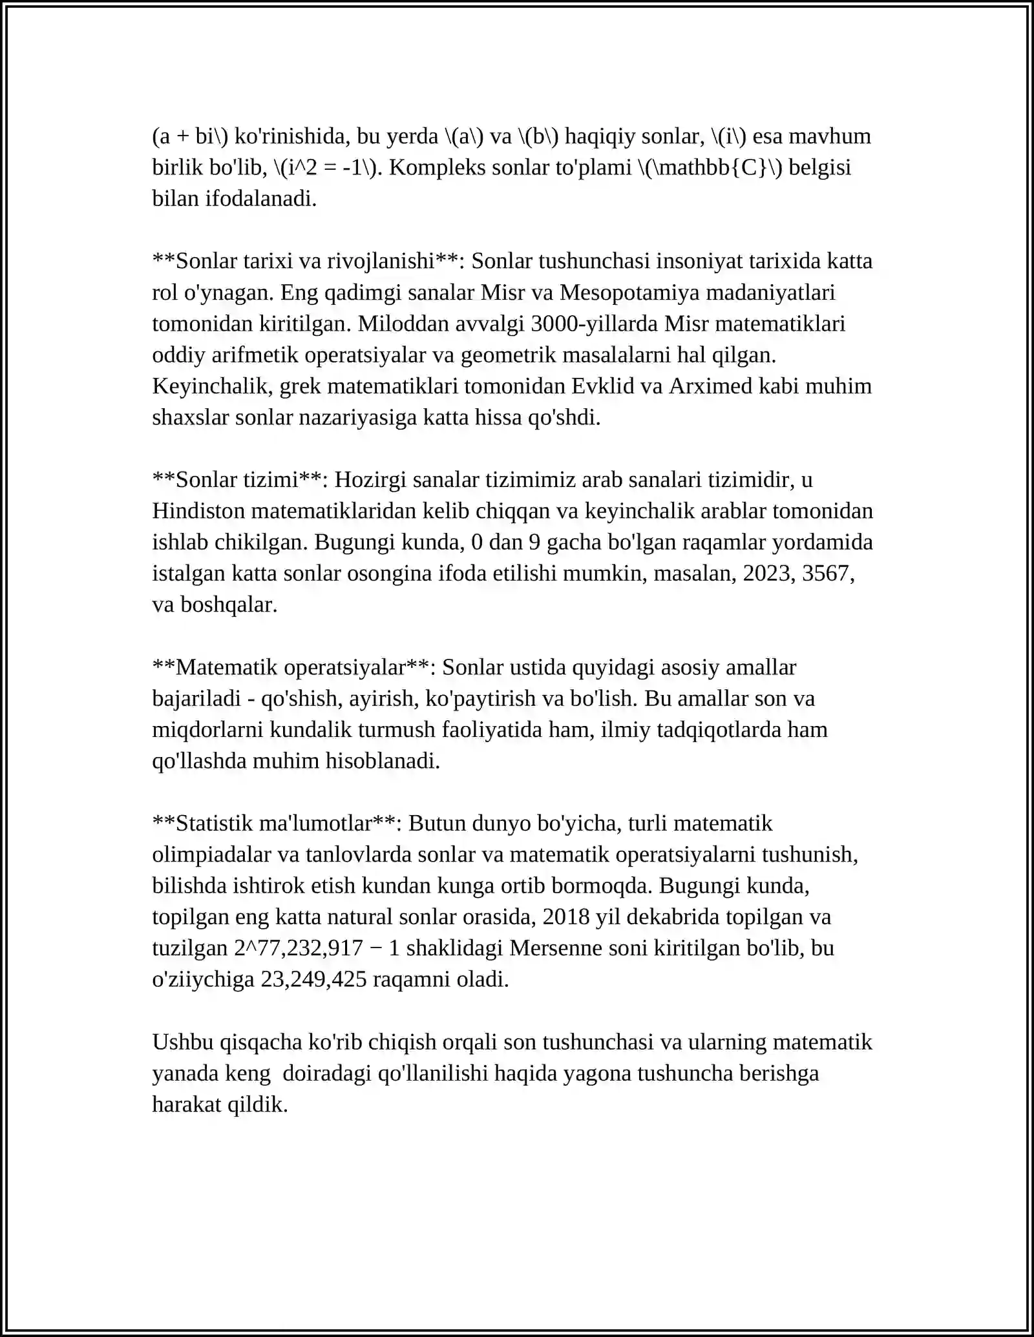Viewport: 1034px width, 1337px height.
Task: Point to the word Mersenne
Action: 549,948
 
